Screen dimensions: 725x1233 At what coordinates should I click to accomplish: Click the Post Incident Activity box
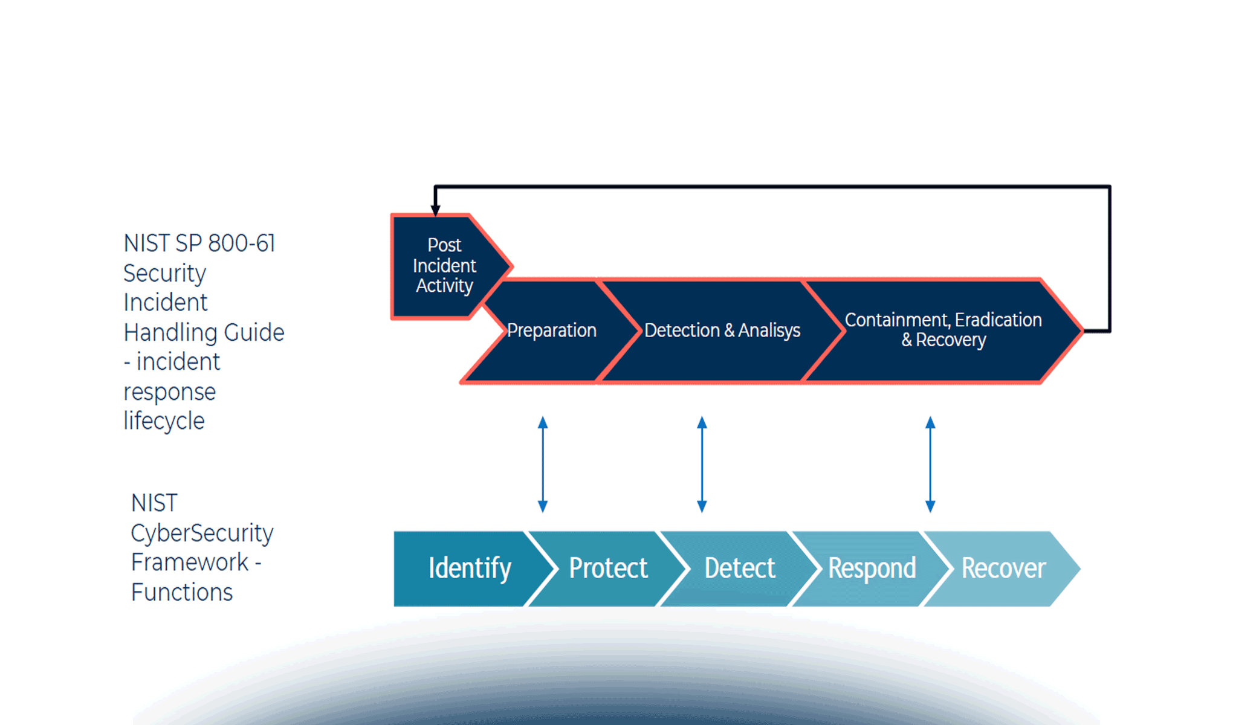point(444,266)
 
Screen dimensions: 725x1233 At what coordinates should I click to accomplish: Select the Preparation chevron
point(551,330)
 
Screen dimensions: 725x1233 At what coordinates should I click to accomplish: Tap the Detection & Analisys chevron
point(722,330)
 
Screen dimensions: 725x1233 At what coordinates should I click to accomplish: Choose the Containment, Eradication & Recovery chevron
point(943,330)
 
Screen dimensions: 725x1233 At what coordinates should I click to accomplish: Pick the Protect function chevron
point(608,569)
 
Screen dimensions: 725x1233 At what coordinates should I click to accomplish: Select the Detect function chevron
point(739,569)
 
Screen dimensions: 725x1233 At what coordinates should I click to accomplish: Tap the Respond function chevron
point(872,569)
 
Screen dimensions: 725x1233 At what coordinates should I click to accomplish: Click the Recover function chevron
point(1003,569)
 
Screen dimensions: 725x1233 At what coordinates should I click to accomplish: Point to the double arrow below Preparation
point(543,464)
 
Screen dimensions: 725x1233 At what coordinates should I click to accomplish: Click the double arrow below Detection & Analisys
point(702,464)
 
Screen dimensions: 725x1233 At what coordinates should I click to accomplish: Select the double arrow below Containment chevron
point(930,464)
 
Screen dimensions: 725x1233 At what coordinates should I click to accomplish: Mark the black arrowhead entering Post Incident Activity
point(435,209)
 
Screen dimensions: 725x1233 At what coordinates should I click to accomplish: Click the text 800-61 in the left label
point(241,243)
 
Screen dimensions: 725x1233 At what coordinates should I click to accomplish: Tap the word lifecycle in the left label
point(164,421)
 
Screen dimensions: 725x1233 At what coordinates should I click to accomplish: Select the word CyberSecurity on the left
point(202,533)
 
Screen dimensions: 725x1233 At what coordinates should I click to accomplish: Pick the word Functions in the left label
point(181,592)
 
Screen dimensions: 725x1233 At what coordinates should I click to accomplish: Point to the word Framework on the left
point(189,562)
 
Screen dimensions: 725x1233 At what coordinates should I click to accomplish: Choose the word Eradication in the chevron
point(998,320)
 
